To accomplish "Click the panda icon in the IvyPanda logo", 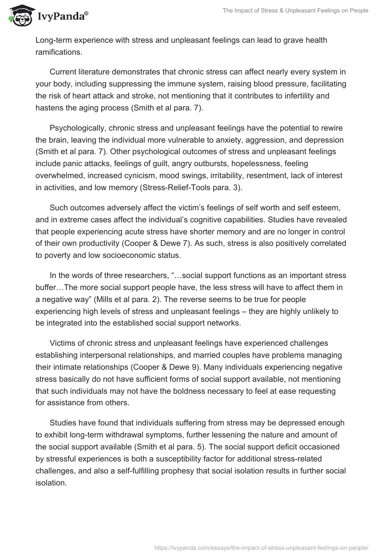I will click(x=19, y=16).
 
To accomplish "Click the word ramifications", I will click(x=58, y=51).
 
